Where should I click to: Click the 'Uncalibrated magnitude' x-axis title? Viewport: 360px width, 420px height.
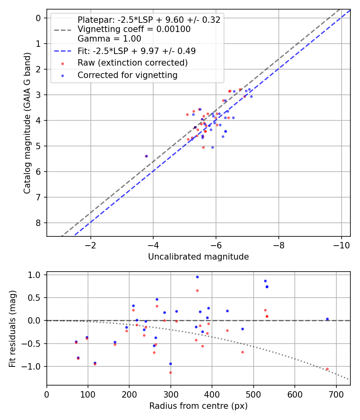pos(198,257)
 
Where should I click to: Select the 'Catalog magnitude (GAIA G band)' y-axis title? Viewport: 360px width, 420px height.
pos(27,123)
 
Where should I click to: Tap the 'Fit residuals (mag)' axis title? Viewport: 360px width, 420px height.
pos(12,329)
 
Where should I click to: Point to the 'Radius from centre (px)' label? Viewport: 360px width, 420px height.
pos(198,406)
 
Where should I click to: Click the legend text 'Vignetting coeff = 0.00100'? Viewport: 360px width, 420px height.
pos(134,29)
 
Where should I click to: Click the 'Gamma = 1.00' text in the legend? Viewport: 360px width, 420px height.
pos(109,39)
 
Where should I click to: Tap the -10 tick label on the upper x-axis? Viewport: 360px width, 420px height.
pos(341,245)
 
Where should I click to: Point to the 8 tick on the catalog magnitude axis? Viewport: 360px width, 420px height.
pos(38,223)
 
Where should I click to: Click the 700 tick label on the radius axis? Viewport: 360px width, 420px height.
pos(336,394)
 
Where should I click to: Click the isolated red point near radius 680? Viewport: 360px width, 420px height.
pos(327,369)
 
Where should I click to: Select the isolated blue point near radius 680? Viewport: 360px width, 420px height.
pos(327,319)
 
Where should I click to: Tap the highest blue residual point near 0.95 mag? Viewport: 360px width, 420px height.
pos(198,277)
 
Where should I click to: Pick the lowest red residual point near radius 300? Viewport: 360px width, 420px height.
pos(171,372)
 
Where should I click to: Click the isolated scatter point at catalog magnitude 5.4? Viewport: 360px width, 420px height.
pos(146,156)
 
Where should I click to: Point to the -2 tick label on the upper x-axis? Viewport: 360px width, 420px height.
pos(90,245)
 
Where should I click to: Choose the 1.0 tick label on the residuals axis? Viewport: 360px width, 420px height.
pos(35,275)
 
